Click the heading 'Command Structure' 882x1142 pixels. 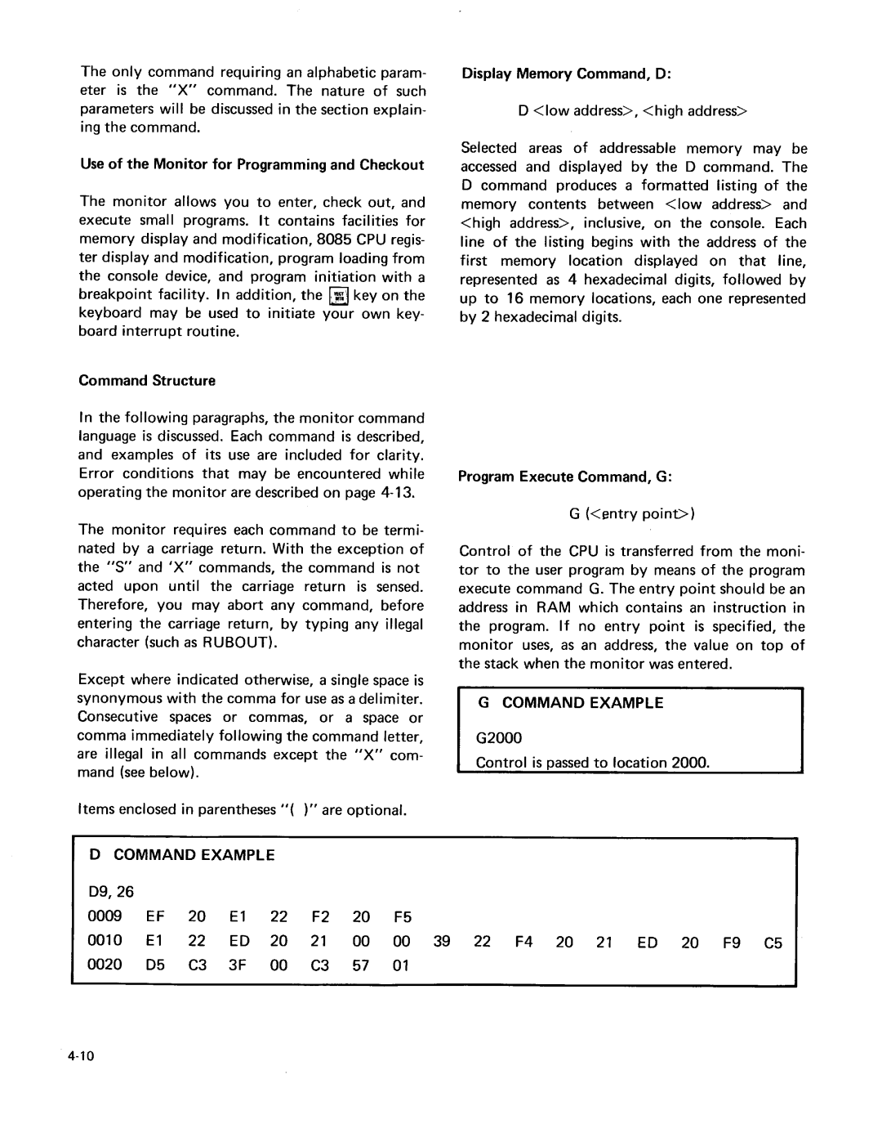(x=147, y=380)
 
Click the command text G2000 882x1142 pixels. (x=498, y=738)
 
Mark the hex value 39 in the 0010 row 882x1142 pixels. (x=442, y=941)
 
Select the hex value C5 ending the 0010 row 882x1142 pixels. (x=773, y=942)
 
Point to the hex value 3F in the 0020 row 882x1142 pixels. (x=238, y=965)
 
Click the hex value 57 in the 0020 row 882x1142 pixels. (x=361, y=965)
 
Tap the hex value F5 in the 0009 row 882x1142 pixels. (x=402, y=917)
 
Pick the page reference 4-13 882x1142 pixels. (x=398, y=492)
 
